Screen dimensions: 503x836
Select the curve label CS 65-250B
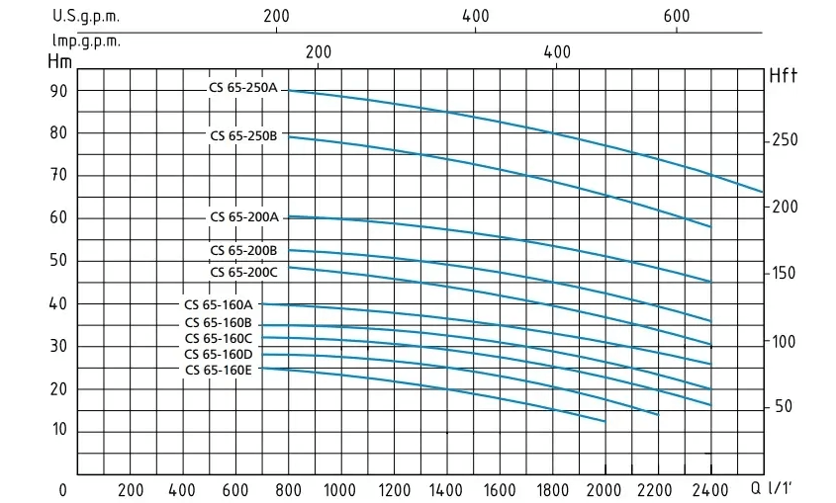243,135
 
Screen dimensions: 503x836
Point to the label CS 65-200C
243,272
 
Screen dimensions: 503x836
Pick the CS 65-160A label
219,304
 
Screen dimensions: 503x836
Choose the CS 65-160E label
219,370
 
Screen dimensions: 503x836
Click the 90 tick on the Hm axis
58,91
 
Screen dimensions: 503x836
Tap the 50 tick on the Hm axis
58,261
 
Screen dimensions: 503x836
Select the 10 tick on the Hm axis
58,430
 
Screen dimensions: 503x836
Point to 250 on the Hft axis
785,140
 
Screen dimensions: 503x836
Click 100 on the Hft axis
785,341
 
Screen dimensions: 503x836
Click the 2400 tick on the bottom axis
710,489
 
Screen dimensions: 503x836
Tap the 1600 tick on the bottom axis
499,489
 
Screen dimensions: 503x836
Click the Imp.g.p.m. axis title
87,42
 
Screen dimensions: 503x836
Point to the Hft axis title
783,75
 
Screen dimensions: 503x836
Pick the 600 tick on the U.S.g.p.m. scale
676,16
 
